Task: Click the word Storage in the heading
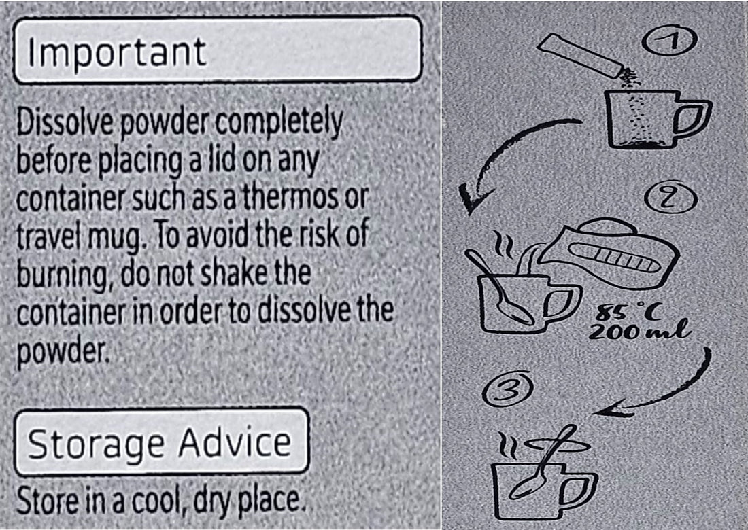[95, 444]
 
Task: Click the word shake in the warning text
[233, 272]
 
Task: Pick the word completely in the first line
[279, 123]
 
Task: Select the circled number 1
[669, 40]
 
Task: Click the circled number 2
[670, 197]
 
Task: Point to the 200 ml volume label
[639, 330]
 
